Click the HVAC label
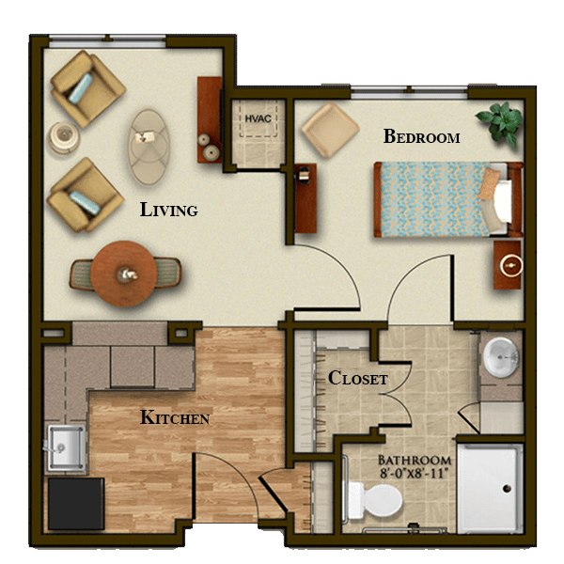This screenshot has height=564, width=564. (258, 118)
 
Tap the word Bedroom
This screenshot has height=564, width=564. (421, 136)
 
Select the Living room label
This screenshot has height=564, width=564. (168, 210)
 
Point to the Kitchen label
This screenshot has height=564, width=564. (175, 417)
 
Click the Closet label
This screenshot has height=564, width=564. (358, 378)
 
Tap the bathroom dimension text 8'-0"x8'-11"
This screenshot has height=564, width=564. (415, 473)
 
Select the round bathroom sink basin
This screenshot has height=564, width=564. (501, 357)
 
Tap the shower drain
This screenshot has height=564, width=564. (507, 489)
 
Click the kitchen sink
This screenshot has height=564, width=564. (66, 447)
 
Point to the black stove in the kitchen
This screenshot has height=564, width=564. (76, 504)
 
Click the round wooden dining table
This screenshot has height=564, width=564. (123, 274)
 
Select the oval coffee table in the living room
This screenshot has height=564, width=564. (149, 148)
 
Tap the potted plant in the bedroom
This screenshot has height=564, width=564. (501, 122)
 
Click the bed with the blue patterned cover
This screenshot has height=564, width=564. (448, 199)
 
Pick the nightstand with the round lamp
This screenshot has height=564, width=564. (508, 265)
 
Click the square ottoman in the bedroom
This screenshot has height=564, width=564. (330, 131)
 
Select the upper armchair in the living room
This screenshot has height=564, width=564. (87, 89)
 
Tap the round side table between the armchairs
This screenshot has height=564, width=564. (64, 137)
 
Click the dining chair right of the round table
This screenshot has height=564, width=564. (167, 273)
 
